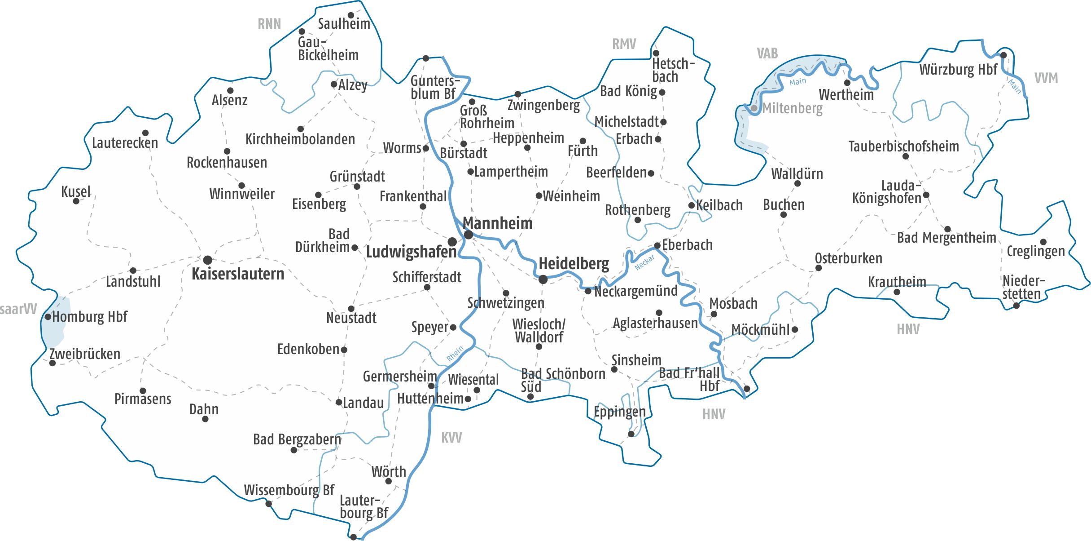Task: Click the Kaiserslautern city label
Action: pyautogui.click(x=238, y=274)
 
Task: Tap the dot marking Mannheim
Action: pyautogui.click(x=469, y=235)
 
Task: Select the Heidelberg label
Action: pyautogui.click(x=574, y=263)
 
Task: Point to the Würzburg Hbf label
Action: pyautogui.click(x=958, y=70)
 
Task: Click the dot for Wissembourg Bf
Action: pyautogui.click(x=269, y=504)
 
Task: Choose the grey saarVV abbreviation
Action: pyautogui.click(x=18, y=309)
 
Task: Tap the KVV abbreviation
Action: pyautogui.click(x=451, y=438)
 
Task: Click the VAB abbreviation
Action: pyautogui.click(x=767, y=53)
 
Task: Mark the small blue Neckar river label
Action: pyautogui.click(x=644, y=263)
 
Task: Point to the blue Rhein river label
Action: pyautogui.click(x=455, y=354)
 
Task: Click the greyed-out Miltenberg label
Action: pyautogui.click(x=792, y=108)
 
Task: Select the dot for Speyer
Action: pyautogui.click(x=453, y=328)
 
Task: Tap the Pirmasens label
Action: pyautogui.click(x=143, y=399)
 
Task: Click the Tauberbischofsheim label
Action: pyautogui.click(x=903, y=146)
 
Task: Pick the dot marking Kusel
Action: pyautogui.click(x=76, y=201)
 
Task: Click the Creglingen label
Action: pyautogui.click(x=1035, y=251)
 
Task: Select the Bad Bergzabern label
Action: pyautogui.click(x=297, y=439)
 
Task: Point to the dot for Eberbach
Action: pyautogui.click(x=657, y=246)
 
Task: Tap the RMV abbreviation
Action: pyautogui.click(x=624, y=44)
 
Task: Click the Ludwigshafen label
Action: pyautogui.click(x=411, y=252)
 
